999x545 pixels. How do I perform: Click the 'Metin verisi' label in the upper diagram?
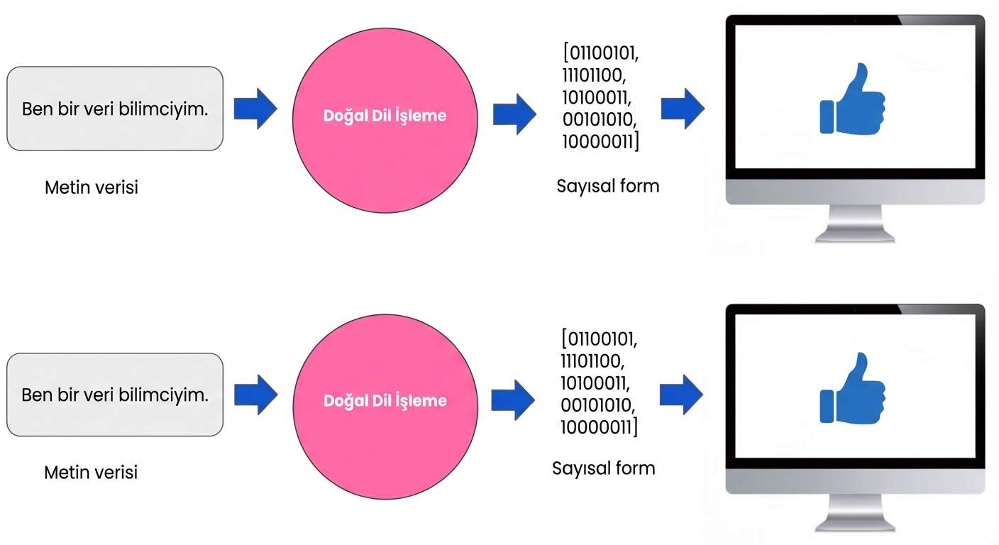point(92,187)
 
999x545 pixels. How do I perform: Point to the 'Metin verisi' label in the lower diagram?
point(91,472)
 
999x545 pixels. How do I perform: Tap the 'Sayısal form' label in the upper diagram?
point(608,187)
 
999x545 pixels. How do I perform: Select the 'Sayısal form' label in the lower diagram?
point(604,468)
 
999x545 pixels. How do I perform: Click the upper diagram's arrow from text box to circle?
point(255,109)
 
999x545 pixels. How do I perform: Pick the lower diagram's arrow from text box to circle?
point(255,395)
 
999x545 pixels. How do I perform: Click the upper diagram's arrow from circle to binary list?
point(514,114)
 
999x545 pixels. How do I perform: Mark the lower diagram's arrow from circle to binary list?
point(513,400)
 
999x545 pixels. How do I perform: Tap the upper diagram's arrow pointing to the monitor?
point(683,109)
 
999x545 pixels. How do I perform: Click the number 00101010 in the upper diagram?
point(597,119)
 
